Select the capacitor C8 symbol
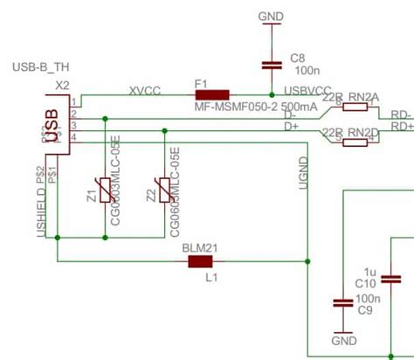pyautogui.click(x=272, y=64)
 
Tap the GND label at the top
pyautogui.click(x=272, y=16)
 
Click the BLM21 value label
pyautogui.click(x=199, y=247)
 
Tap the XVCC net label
pyautogui.click(x=144, y=88)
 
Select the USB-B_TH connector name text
pyautogui.click(x=40, y=67)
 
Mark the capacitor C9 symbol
pyautogui.click(x=340, y=303)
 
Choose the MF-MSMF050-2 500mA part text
pyautogui.click(x=244, y=106)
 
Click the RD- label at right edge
pyautogui.click(x=402, y=114)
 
